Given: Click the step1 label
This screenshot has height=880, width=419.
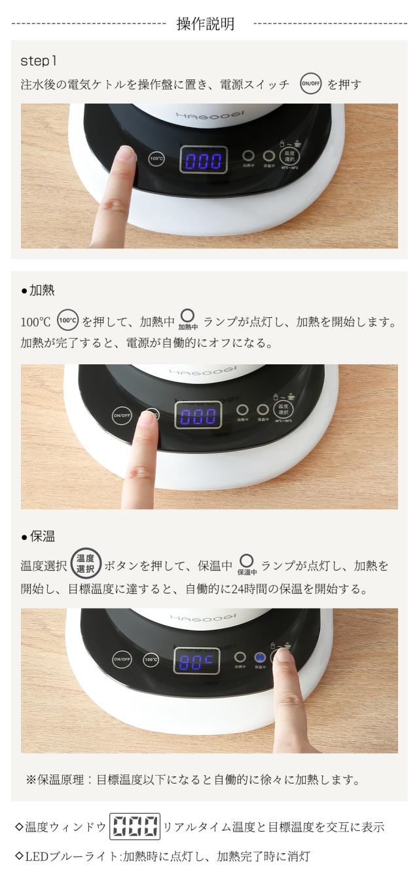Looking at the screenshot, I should (39, 61).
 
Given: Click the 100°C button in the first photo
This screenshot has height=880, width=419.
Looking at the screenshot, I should (156, 158).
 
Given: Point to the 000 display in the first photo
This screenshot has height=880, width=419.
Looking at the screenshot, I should (204, 159).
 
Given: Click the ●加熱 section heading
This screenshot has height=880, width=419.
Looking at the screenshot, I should (37, 291).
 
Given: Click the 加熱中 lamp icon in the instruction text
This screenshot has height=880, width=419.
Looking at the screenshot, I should (187, 321).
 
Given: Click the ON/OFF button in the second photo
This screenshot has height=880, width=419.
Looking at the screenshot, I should (121, 415).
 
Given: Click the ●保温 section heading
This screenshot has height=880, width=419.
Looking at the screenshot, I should (37, 536).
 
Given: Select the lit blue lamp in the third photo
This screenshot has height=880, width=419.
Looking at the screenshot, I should (259, 657).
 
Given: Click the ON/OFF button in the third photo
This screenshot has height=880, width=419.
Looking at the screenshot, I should (122, 659).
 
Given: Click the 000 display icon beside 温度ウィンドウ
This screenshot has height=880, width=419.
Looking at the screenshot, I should (136, 828).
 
